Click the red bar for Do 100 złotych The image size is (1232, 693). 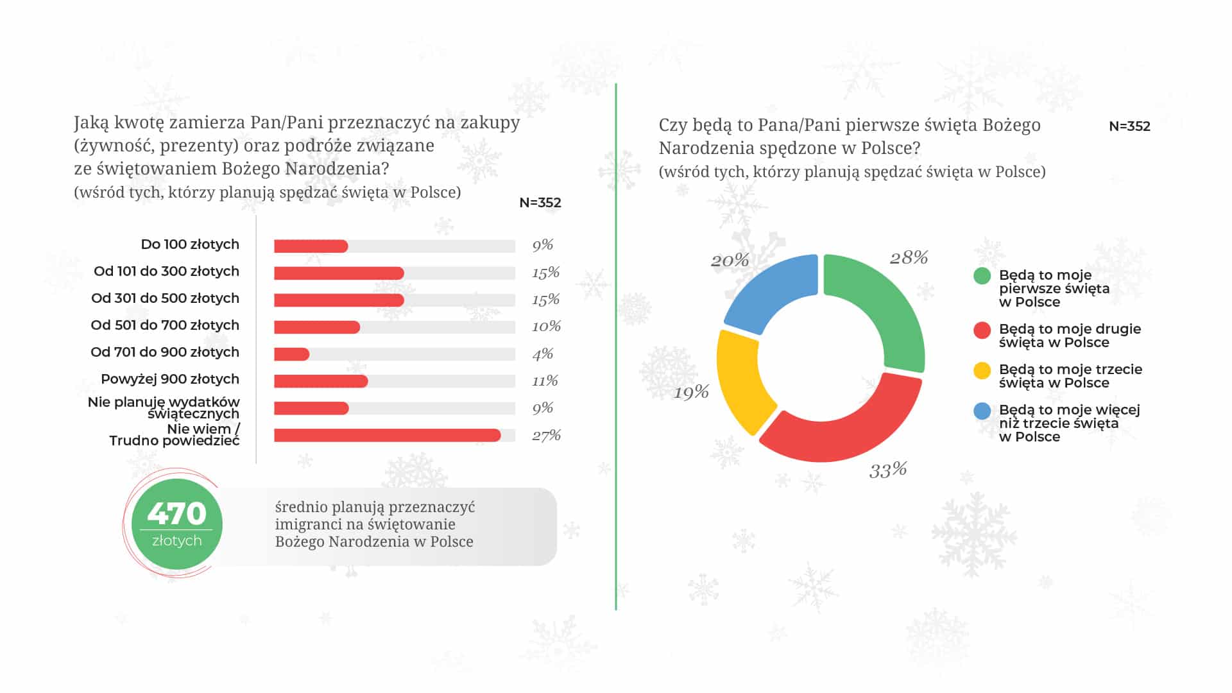pos(311,246)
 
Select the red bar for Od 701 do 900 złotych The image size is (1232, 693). pos(292,354)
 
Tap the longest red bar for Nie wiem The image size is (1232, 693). pos(388,435)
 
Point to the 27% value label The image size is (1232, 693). pos(546,436)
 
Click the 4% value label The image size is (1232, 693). pos(543,354)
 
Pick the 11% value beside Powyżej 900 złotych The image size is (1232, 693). pos(545,381)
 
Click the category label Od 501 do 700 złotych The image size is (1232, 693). pos(165,325)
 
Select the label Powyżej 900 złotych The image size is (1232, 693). pos(170,379)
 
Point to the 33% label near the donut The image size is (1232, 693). pos(888,470)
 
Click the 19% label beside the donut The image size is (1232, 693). pos(691,392)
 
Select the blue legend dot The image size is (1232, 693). pos(982,411)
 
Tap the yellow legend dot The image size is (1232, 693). pos(982,371)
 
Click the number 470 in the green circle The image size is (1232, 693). pos(176,513)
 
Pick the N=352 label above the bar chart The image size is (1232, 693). pos(540,203)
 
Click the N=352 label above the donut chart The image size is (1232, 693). pos(1129,126)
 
